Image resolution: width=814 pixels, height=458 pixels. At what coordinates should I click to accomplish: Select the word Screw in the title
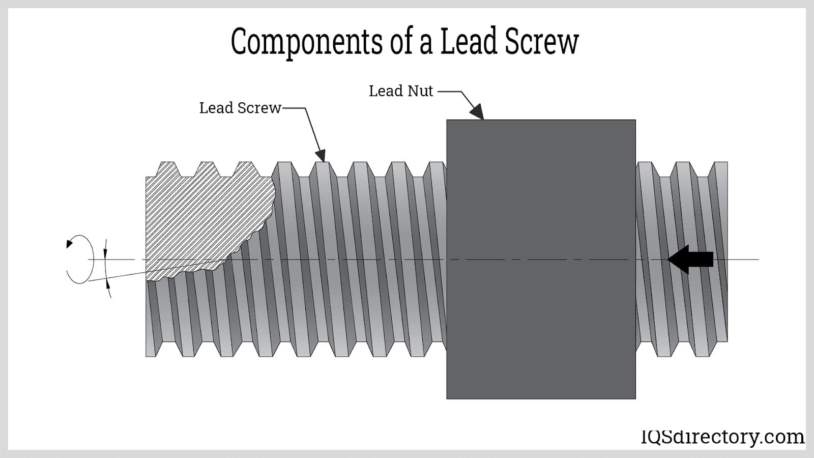[542, 42]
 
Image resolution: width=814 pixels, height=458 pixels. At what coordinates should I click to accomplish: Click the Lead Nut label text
[401, 91]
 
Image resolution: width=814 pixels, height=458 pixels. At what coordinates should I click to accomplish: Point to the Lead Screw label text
[240, 108]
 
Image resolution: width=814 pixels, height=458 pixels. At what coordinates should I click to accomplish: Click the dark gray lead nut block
[541, 259]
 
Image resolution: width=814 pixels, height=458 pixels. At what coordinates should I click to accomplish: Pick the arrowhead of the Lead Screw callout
[320, 155]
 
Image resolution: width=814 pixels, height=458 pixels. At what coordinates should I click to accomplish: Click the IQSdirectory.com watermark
[722, 437]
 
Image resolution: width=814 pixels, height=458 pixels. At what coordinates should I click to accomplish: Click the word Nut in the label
[420, 91]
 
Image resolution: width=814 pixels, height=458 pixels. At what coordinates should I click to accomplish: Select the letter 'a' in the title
[426, 44]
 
